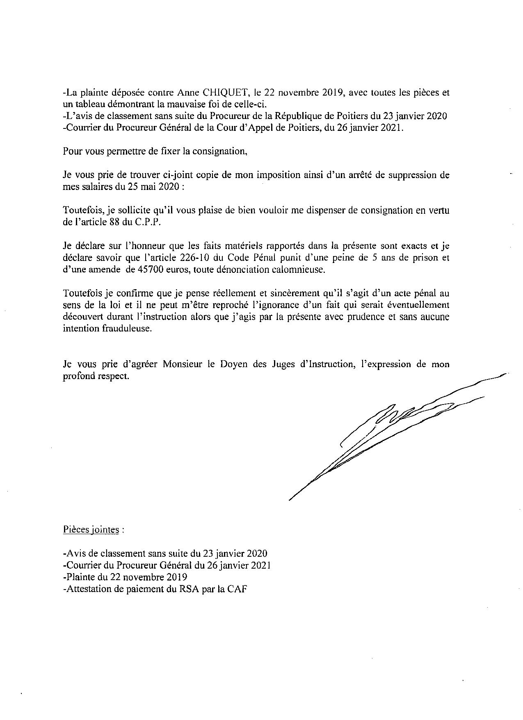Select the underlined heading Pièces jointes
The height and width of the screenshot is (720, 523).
coord(91,529)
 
